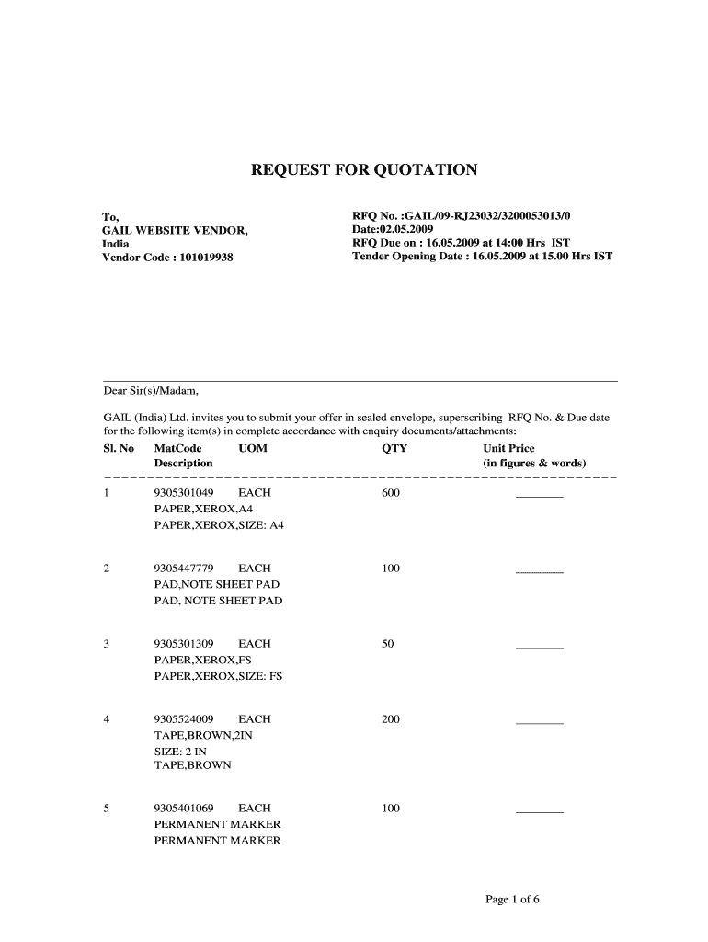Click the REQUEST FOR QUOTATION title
pos(365,170)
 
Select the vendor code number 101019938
pos(201,258)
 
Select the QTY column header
pos(394,449)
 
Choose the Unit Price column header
pos(508,449)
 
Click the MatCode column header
pos(177,449)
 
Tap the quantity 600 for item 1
pos(391,493)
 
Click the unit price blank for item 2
pos(539,571)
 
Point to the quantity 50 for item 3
pos(387,644)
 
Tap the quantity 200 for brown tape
pos(391,718)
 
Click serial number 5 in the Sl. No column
pos(107,809)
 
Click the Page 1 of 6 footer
pos(512,900)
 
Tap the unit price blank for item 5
pos(539,811)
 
